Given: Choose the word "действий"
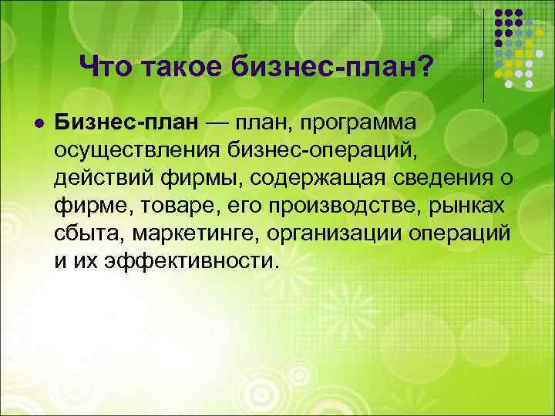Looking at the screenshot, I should pyautogui.click(x=96, y=179).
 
